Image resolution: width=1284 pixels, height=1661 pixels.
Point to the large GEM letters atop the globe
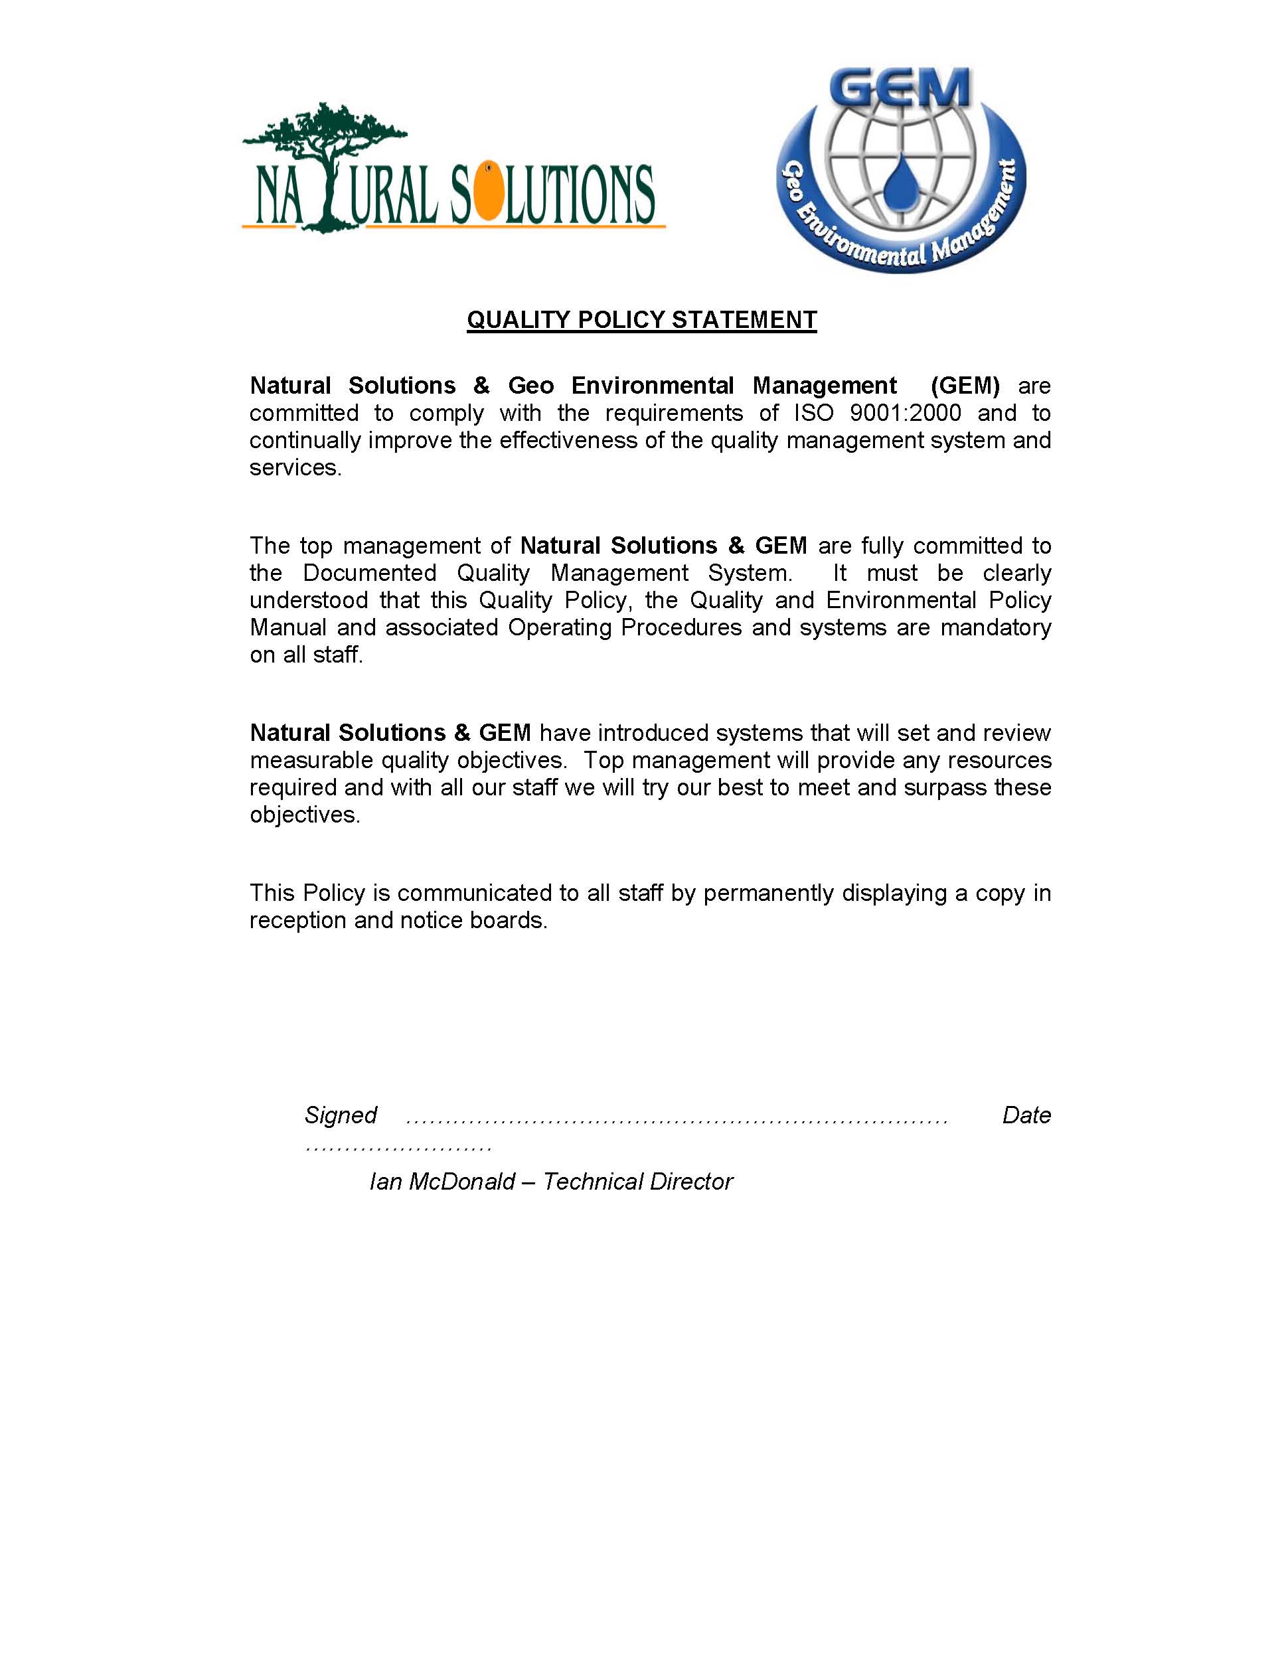pos(901,88)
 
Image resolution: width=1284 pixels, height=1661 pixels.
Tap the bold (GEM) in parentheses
pos(965,386)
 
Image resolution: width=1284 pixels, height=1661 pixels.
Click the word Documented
pos(370,573)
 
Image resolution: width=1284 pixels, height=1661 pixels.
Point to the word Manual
pos(288,627)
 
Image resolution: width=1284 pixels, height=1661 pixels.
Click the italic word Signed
pos(341,1115)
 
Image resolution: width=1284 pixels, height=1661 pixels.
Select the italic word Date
pos(1026,1115)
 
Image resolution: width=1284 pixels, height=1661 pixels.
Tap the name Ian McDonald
pos(442,1181)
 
